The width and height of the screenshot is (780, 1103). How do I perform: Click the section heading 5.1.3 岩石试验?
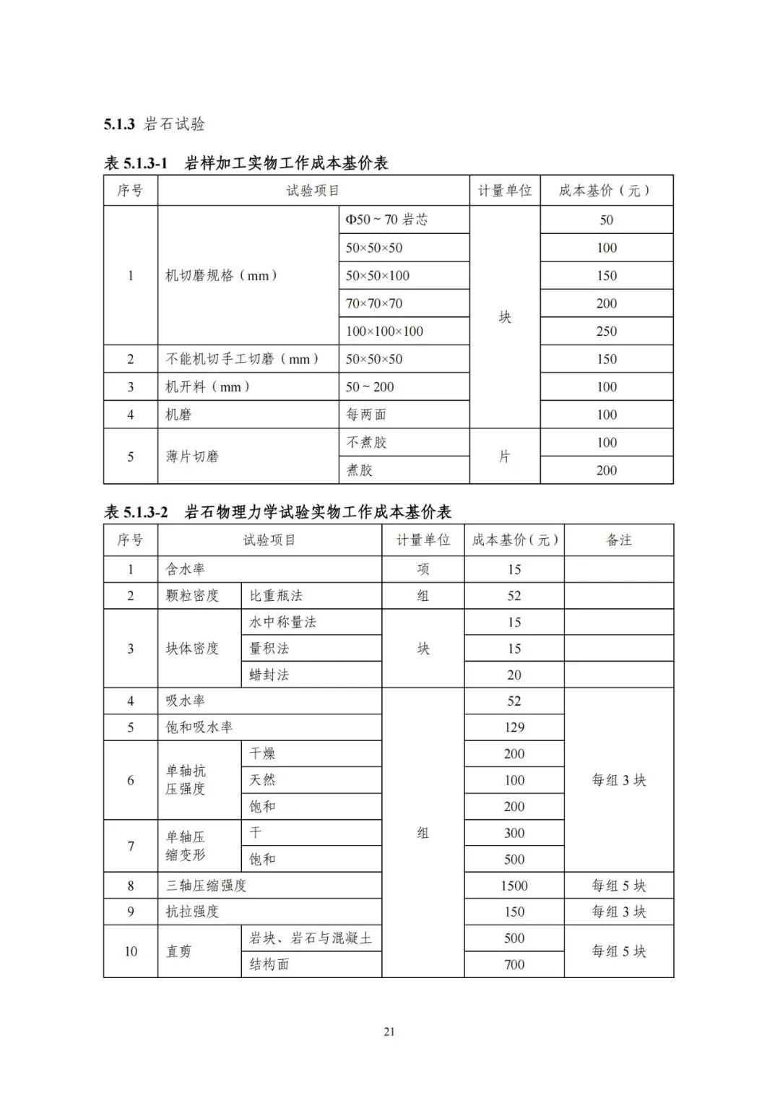point(154,124)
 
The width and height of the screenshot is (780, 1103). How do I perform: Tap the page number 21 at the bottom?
point(389,1031)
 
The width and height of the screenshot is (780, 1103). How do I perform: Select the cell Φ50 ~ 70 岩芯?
point(386,220)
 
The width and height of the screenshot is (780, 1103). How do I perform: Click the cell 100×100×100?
point(384,331)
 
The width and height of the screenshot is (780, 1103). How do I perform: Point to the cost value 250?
point(606,331)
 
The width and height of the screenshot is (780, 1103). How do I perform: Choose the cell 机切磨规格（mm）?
point(222,275)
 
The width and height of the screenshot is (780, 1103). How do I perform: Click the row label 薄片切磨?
point(192,457)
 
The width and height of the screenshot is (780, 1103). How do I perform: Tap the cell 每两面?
point(366,415)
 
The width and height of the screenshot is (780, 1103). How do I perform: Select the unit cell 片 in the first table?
point(504,457)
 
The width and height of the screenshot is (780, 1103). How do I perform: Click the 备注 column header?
point(618,540)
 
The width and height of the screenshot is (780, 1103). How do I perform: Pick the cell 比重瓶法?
point(276,596)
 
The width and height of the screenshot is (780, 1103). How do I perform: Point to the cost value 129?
point(513,727)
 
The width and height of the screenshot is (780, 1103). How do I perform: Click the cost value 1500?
point(513,886)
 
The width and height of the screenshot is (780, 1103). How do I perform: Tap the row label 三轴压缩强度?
point(207,886)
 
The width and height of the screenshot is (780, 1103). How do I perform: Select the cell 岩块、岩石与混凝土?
point(311,938)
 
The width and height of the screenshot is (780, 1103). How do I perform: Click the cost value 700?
point(513,964)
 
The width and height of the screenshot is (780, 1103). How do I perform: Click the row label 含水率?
point(186,569)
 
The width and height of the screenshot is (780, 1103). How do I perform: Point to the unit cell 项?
point(422,569)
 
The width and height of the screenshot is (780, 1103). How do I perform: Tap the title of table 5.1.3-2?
point(278,512)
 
